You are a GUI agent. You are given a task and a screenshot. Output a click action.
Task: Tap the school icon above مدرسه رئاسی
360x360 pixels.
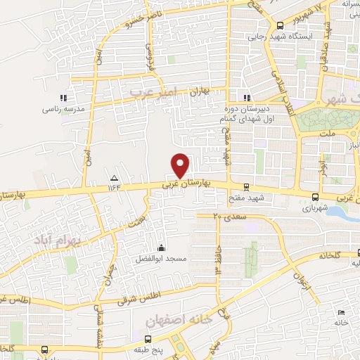63,98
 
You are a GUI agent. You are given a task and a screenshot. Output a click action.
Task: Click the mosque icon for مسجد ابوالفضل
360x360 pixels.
161,247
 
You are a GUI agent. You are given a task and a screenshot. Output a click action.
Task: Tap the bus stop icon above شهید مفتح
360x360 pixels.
245,187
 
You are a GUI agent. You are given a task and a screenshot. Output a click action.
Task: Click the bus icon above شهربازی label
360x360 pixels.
315,198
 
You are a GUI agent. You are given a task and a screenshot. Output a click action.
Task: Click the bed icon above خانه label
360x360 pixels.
341,312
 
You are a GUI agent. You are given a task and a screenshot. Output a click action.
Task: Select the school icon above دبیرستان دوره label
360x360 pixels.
246,98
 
